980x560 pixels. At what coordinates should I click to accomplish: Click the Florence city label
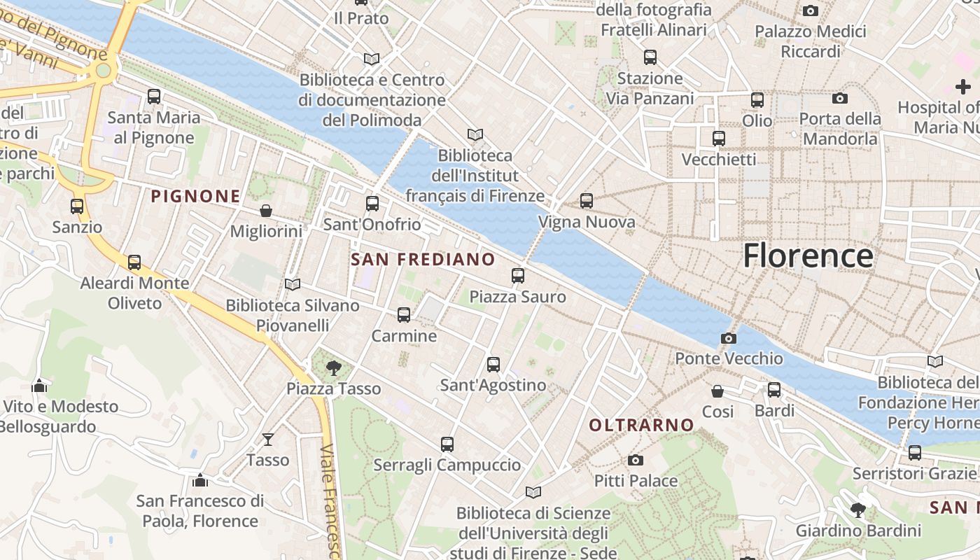click(x=808, y=255)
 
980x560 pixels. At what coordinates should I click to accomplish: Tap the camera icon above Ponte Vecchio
click(x=728, y=338)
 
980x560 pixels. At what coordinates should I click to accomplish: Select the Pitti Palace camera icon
click(x=635, y=460)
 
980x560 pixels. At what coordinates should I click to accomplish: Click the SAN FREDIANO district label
click(x=423, y=260)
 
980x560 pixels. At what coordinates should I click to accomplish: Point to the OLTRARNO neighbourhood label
click(x=641, y=425)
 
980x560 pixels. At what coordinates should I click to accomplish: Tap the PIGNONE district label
click(x=196, y=197)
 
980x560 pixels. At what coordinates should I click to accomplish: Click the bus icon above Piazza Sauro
click(x=517, y=276)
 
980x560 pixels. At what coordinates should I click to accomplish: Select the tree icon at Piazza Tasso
click(x=334, y=367)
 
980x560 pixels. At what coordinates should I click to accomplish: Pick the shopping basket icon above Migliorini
click(x=266, y=211)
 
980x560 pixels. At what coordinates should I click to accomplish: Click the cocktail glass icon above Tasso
click(x=267, y=439)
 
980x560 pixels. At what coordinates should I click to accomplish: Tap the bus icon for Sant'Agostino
click(x=493, y=364)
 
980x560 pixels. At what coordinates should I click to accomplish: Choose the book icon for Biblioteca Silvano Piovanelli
click(x=292, y=284)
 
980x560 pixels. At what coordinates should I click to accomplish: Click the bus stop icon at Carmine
click(x=404, y=315)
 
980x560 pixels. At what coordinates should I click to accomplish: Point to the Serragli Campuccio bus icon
click(x=447, y=444)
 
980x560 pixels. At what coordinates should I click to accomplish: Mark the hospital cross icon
click(x=963, y=87)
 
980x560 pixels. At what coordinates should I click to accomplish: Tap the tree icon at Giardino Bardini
click(x=857, y=510)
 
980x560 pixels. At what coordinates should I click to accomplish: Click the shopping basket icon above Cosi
click(x=717, y=391)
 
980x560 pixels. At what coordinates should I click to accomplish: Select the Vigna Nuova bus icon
click(x=586, y=201)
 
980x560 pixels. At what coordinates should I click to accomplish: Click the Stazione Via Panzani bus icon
click(x=650, y=57)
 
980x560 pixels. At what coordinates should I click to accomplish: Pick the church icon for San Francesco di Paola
click(x=200, y=480)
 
